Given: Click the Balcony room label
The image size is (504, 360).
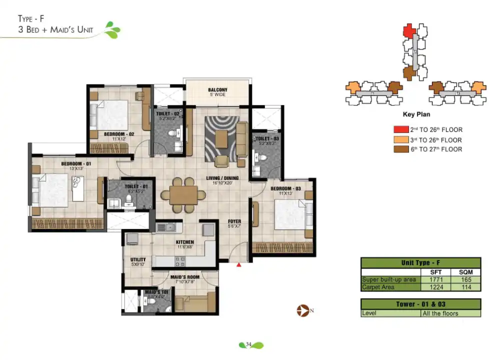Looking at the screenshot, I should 217,90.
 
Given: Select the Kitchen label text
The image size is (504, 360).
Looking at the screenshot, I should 184,242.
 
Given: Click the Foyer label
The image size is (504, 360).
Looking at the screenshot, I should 234,221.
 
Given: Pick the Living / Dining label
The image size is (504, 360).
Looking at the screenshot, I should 222,178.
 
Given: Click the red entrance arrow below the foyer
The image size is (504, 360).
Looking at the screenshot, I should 239,265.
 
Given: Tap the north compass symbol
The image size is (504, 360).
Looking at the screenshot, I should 302,310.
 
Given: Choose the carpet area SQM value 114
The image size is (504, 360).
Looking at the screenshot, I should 465,287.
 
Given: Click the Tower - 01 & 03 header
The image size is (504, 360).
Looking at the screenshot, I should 420,304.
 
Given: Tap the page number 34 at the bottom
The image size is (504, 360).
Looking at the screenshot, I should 248,344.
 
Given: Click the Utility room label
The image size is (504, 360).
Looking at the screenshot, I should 138,259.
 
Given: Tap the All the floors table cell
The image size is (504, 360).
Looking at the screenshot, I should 440,313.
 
